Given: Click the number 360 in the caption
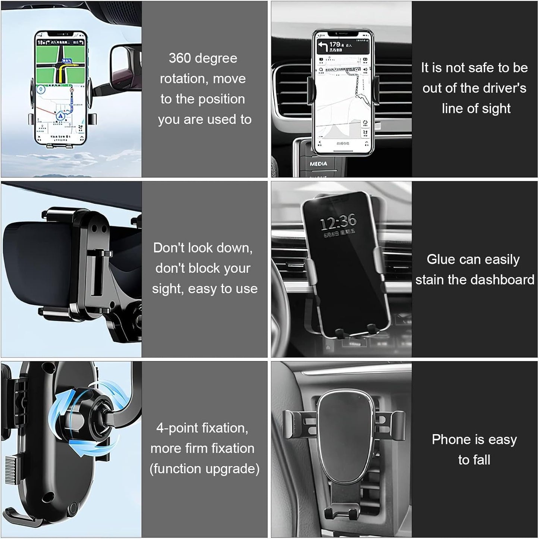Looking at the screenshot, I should tap(179, 58).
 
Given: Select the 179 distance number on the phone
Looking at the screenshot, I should tap(335, 44).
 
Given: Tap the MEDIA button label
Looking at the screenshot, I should tap(318, 164).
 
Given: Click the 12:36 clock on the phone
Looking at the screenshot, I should tap(338, 222).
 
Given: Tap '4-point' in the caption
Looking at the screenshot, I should tap(177, 428).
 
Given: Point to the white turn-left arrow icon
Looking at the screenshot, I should tap(323, 46).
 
